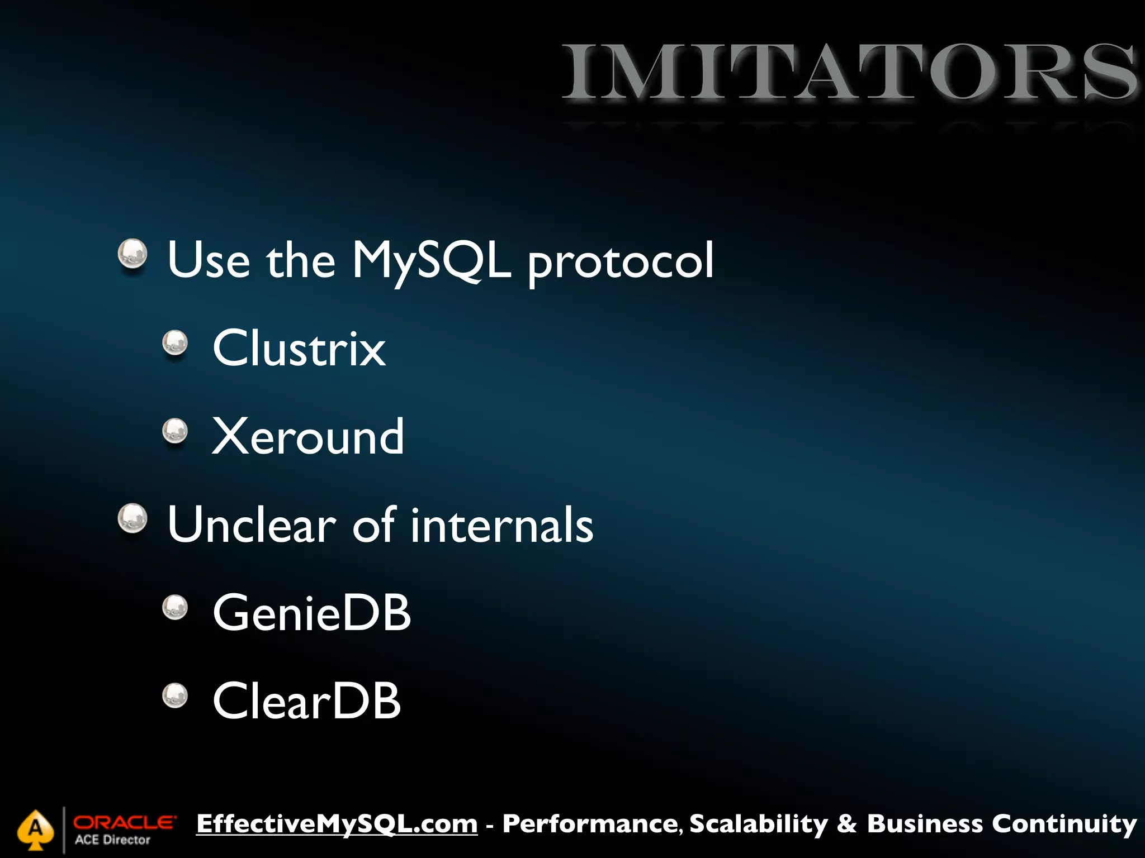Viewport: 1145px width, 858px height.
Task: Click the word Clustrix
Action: [x=299, y=349]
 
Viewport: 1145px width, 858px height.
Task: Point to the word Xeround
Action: [x=307, y=437]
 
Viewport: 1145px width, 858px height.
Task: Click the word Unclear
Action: [x=252, y=525]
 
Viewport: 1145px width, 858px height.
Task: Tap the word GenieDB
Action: [x=311, y=613]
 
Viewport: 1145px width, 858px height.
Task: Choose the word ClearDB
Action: [x=306, y=702]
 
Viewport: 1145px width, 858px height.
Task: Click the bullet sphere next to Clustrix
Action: [x=175, y=342]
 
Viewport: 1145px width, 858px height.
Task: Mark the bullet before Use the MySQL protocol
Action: [x=133, y=254]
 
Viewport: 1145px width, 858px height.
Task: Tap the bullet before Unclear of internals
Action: [x=133, y=518]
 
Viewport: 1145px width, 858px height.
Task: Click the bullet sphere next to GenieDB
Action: [x=175, y=607]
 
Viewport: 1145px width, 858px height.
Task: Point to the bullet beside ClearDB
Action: [x=175, y=695]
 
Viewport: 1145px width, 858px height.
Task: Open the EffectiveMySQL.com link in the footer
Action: [x=337, y=824]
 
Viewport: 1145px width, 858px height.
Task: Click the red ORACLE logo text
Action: [x=124, y=822]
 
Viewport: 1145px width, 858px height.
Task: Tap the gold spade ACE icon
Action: [x=35, y=830]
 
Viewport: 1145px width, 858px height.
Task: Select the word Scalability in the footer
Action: [x=758, y=824]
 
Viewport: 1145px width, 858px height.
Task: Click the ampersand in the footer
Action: [x=847, y=824]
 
